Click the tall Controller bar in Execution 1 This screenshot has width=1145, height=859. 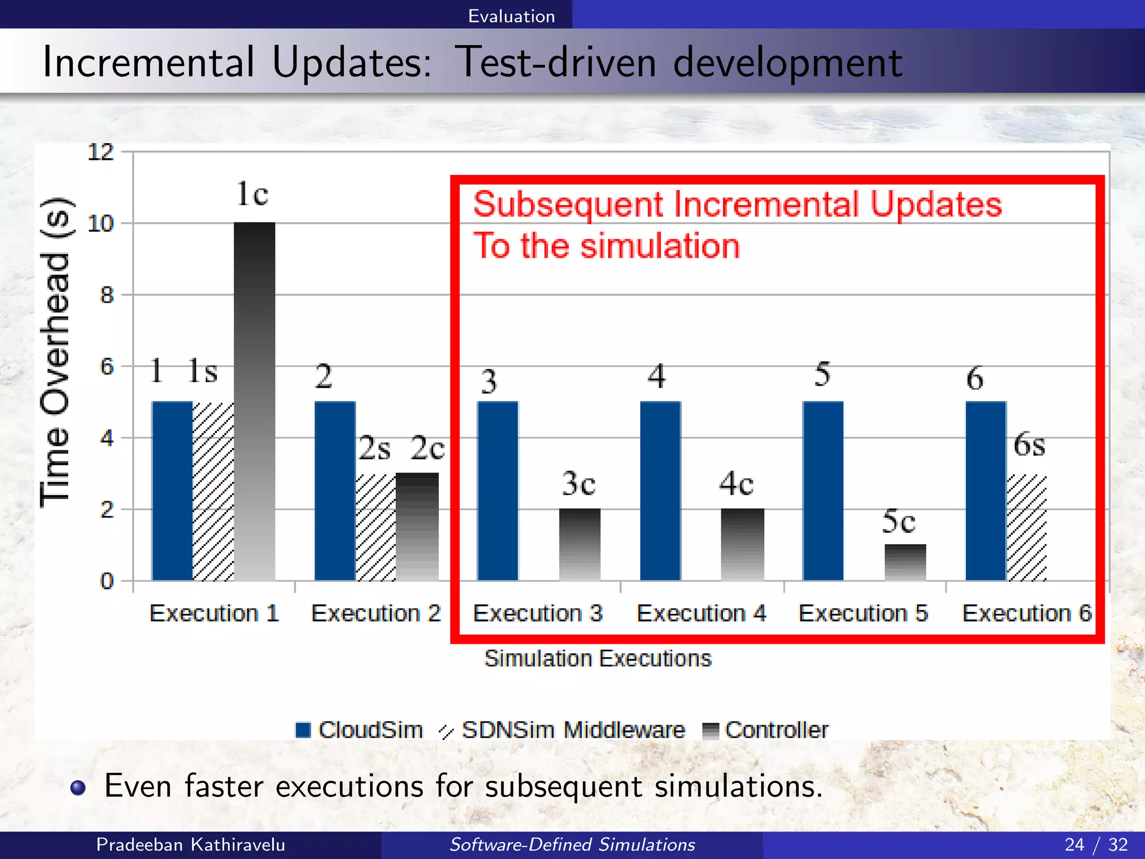[x=254, y=402]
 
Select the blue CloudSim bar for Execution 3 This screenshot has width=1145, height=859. [x=498, y=491]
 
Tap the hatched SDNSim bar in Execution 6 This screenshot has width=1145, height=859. [x=1026, y=528]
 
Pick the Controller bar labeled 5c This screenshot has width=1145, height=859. [x=905, y=562]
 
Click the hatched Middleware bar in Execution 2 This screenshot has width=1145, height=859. [x=376, y=527]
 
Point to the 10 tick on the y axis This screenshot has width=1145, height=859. [x=101, y=224]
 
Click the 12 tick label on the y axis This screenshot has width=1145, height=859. [x=101, y=152]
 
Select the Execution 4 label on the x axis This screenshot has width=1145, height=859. [x=701, y=613]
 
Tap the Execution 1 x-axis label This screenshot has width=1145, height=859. [x=214, y=613]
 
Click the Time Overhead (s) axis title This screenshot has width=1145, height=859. [x=55, y=352]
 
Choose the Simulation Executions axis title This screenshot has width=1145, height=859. [x=598, y=658]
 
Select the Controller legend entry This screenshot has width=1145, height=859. [x=766, y=730]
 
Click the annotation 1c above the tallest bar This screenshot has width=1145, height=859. [x=252, y=194]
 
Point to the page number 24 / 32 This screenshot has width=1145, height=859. [x=1096, y=844]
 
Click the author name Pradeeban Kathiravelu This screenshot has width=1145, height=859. [x=191, y=844]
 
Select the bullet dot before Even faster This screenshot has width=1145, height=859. [x=78, y=787]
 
